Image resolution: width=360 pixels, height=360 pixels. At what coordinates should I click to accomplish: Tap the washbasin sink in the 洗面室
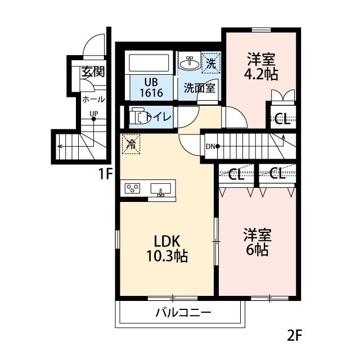190,63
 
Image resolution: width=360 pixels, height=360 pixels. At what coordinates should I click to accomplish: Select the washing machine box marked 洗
211,63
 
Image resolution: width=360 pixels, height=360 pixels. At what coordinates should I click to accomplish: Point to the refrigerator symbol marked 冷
131,144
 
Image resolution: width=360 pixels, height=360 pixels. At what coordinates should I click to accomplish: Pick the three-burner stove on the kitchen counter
132,188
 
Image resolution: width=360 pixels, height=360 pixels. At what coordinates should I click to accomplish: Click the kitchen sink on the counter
161,189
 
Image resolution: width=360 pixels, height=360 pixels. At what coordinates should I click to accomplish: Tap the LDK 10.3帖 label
166,249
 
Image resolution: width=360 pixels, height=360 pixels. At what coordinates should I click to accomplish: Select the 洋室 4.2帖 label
261,66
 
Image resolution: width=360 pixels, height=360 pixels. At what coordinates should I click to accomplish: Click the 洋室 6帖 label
257,242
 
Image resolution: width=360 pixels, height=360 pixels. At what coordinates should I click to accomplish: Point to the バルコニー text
183,312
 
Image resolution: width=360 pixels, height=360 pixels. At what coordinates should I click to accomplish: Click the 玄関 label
93,71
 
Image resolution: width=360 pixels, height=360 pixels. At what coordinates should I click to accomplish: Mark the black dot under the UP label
93,119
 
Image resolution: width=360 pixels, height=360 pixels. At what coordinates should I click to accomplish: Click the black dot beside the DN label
218,146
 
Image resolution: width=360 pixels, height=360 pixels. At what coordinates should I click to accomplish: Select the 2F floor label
294,336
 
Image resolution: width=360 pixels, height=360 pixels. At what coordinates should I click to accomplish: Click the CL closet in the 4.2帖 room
282,119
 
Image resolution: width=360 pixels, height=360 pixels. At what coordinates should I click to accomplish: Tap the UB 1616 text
151,88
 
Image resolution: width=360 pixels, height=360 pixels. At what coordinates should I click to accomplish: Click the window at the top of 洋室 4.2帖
261,30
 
